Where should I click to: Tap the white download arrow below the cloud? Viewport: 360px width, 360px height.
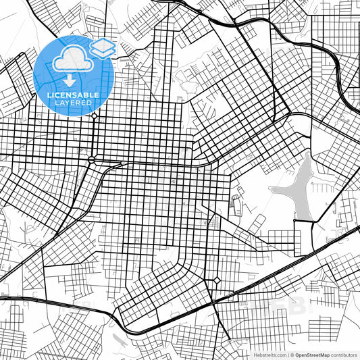tap(70, 80)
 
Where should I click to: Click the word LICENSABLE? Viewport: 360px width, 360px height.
tap(72, 95)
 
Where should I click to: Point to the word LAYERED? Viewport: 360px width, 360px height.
tap(72, 103)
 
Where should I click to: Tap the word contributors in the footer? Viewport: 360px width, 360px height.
tap(344, 354)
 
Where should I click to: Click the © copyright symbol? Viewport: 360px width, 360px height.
tap(292, 354)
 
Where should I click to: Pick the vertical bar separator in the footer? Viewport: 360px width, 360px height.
tap(287, 354)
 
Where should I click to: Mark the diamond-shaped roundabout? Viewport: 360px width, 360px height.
tap(217, 280)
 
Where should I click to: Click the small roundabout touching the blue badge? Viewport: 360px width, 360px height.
tap(93, 115)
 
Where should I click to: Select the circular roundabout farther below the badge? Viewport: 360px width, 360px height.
tap(91, 159)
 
